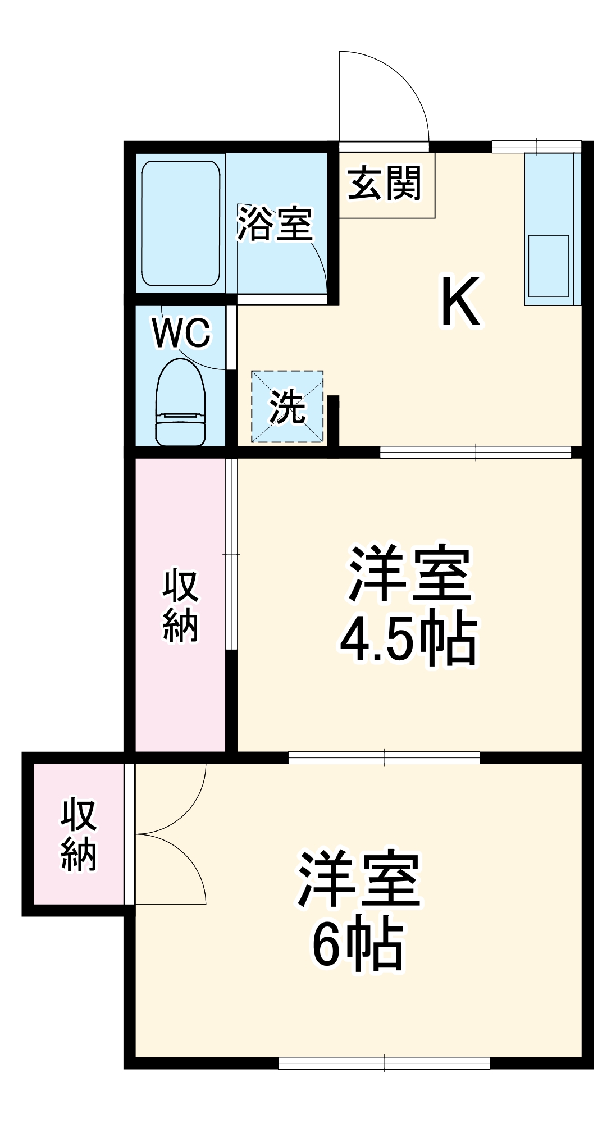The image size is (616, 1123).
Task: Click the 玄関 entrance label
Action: coord(385,183)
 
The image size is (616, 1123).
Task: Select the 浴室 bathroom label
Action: coord(275,223)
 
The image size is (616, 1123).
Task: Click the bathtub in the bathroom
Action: coord(180,223)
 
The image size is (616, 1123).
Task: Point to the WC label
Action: coord(181,334)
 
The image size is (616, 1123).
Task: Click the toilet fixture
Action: coord(180,403)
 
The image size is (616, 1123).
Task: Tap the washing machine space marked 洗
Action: coord(288,407)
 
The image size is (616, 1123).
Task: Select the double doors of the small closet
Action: coord(168,834)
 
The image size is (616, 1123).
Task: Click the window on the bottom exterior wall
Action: coord(384,1063)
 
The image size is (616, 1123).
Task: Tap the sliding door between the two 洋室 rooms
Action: coord(384,757)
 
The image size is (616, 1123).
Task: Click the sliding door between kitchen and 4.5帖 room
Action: coord(476,452)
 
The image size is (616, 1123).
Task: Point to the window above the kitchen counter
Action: coord(536,147)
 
